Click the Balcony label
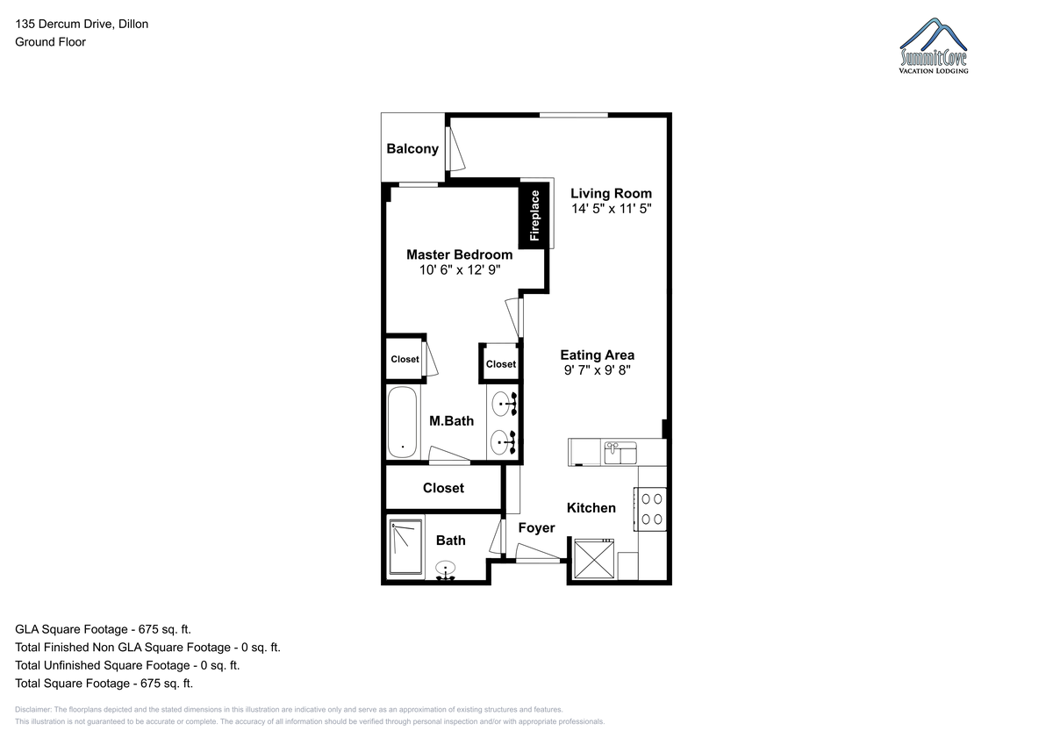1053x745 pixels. (x=412, y=149)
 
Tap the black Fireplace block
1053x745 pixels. (x=534, y=216)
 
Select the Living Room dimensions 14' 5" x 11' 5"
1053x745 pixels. (x=611, y=208)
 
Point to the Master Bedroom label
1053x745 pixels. (x=459, y=254)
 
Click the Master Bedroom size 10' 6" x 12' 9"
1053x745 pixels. (x=460, y=269)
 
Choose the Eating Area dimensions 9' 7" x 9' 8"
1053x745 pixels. (x=597, y=370)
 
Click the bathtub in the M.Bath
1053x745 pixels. (x=403, y=422)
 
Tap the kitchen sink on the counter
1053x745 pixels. (x=620, y=453)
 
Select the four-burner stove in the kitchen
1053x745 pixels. (x=649, y=509)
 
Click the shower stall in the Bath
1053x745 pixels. (x=406, y=547)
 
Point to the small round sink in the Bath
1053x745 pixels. (x=445, y=569)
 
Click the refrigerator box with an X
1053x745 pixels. (x=594, y=559)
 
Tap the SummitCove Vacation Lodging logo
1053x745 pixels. (x=934, y=46)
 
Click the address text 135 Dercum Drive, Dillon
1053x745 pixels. (x=82, y=24)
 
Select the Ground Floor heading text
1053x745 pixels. (x=50, y=42)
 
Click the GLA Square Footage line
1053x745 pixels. (x=103, y=629)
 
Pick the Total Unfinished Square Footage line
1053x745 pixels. (x=127, y=665)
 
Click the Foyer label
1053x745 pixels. (x=536, y=528)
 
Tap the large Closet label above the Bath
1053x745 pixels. (x=443, y=488)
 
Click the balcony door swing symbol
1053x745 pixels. (x=455, y=148)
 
